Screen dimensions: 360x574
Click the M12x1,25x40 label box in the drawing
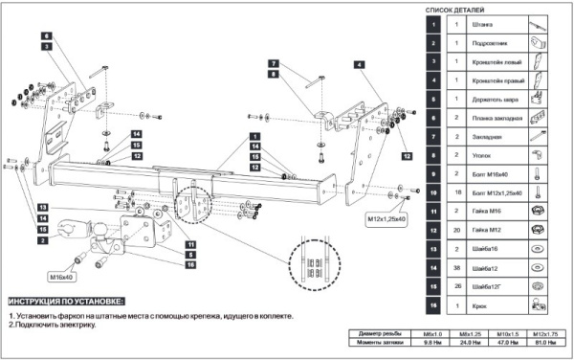tap(386, 219)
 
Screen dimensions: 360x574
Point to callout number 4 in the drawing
tap(358, 63)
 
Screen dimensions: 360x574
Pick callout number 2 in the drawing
tap(45, 241)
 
